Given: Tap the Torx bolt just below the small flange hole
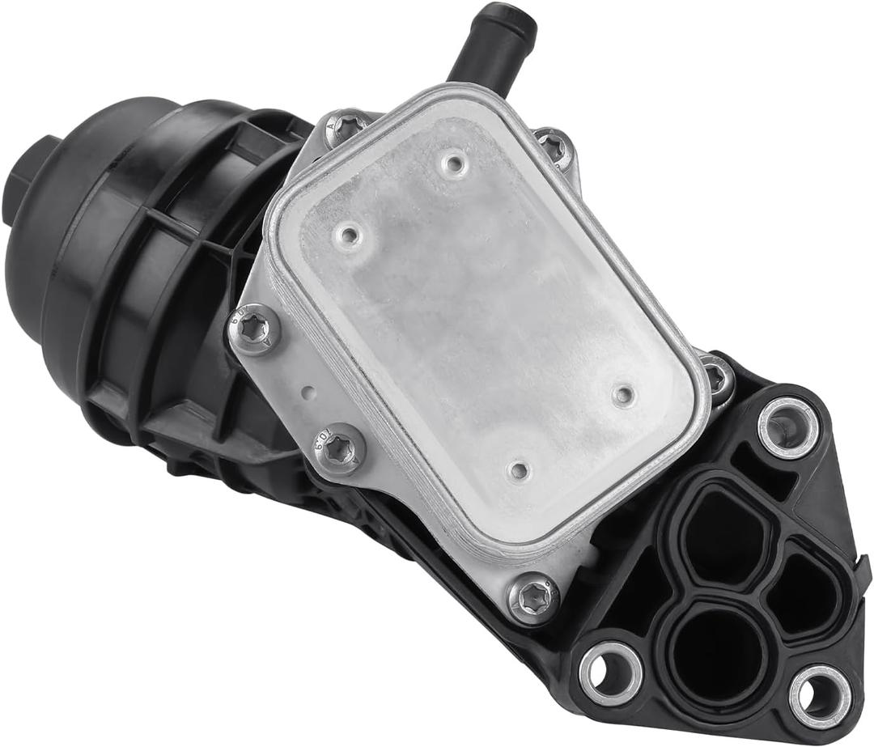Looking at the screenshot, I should point(339,448).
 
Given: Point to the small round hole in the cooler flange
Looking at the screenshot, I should point(308,396).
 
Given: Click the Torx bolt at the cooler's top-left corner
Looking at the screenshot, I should point(346,128).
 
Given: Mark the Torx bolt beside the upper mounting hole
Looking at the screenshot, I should point(717,376).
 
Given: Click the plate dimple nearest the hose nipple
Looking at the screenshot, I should point(454,165).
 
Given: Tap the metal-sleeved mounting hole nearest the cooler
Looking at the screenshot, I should point(787,426).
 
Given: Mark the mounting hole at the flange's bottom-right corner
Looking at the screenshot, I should point(819,694).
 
